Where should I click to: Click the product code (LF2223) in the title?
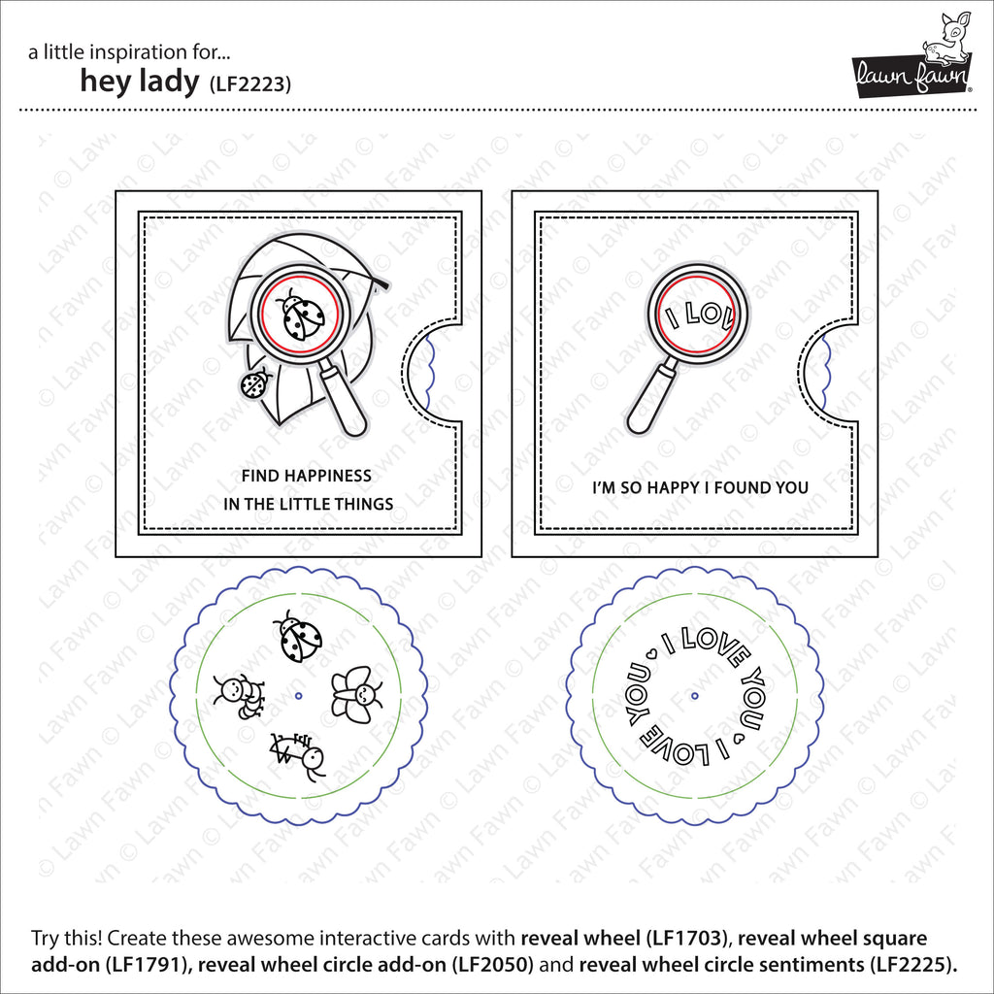tap(249, 83)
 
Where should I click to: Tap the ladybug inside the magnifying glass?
tap(302, 314)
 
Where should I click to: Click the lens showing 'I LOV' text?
tap(695, 314)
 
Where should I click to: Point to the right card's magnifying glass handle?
tap(651, 397)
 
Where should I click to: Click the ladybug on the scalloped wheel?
tap(298, 636)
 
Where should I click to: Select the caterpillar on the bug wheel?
tap(239, 696)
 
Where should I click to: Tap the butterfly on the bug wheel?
tap(357, 695)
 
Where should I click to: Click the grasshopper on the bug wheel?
tap(297, 755)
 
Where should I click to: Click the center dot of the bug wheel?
tap(299, 696)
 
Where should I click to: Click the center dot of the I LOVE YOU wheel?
tap(695, 696)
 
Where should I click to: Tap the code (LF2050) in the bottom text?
tap(492, 965)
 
